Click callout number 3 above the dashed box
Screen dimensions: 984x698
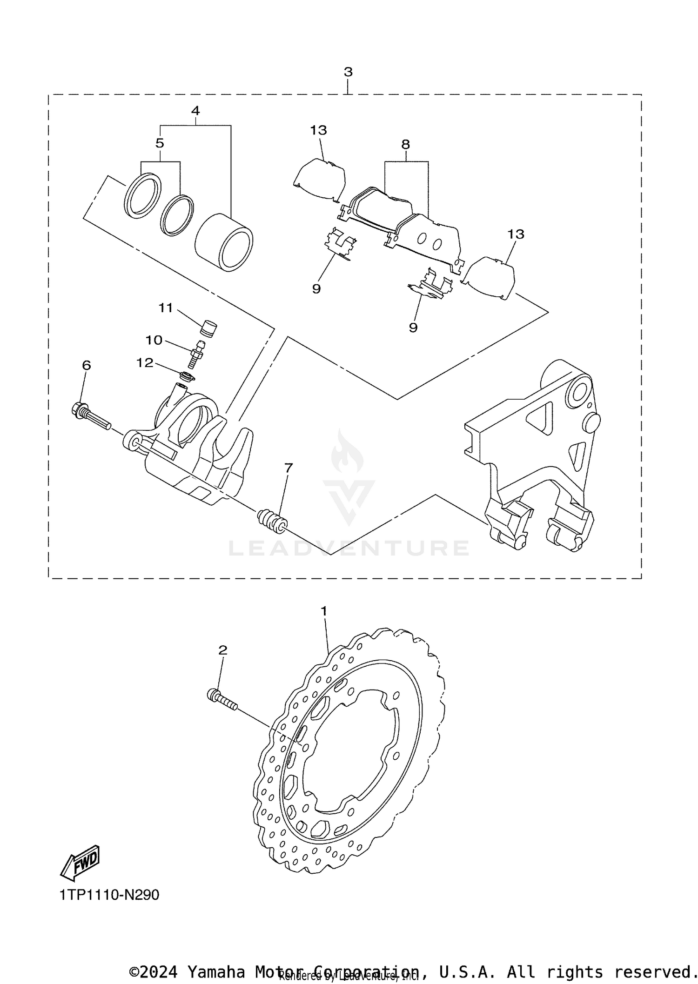348,72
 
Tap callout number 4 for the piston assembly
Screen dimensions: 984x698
195,111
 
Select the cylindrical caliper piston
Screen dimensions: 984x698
224,242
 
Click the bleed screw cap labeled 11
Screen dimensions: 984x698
208,327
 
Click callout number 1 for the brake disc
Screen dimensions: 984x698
324,611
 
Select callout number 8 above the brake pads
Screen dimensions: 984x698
405,144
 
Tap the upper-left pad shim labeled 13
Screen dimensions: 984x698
320,179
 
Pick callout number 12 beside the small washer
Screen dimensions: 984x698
145,363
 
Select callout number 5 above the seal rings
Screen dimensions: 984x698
160,143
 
